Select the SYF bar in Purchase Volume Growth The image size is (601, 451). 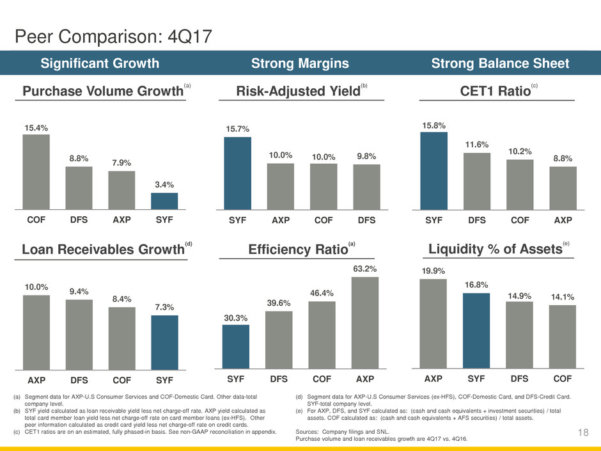[164, 201]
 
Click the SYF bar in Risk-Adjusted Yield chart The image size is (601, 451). [237, 173]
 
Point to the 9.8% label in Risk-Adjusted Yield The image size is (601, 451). [366, 156]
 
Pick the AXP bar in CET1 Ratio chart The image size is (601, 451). [563, 188]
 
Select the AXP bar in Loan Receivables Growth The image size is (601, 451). [36, 332]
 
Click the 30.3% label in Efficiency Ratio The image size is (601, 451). [235, 317]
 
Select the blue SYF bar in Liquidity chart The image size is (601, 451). [477, 330]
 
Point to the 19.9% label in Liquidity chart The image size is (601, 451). [433, 272]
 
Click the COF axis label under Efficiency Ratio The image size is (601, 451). [322, 378]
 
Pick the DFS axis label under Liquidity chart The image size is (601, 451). [520, 378]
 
